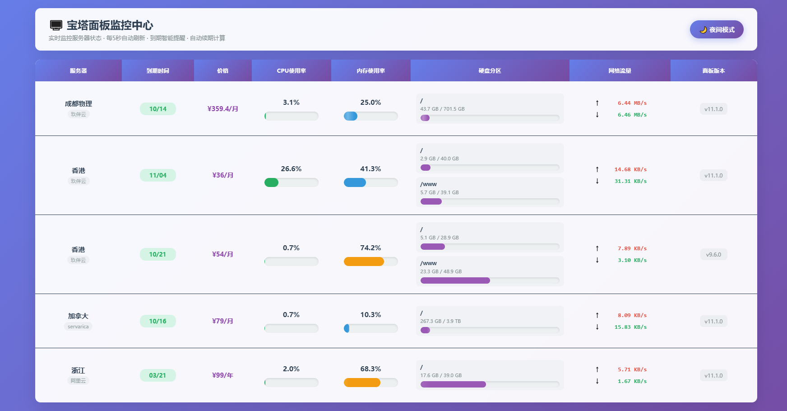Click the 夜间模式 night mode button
pos(717,29)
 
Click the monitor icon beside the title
pos(56,25)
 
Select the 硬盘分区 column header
pos(490,70)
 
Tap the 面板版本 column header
pos(713,70)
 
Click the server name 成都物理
pos(78,103)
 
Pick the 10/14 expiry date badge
pos(158,109)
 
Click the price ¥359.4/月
pos(222,109)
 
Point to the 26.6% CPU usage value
pos(291,169)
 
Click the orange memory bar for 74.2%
pos(364,262)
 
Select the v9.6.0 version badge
pos(713,255)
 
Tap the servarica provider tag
pos(78,327)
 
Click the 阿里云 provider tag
pos(78,381)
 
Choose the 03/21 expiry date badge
pos(157,375)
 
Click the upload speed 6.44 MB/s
pos(632,103)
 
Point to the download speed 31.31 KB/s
pos(630,181)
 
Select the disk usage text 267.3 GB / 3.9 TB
pos(440,321)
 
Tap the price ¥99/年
pos(222,375)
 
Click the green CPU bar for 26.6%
pos(271,182)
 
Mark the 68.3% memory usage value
pos(370,369)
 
